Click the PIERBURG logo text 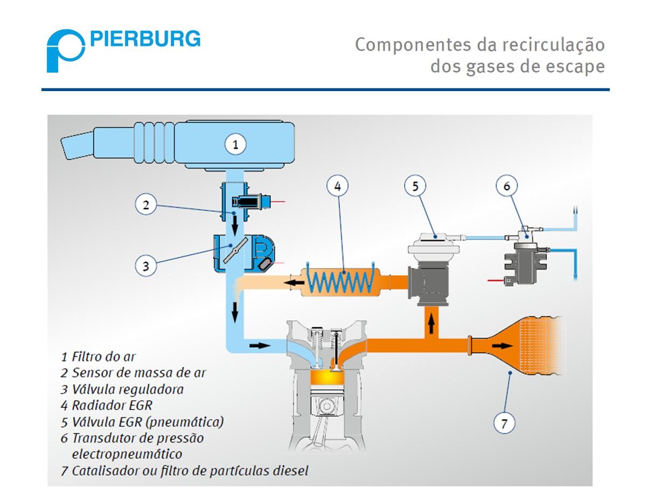point(145,39)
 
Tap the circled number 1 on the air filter point(235,144)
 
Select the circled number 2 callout point(145,204)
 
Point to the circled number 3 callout point(145,265)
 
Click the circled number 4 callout point(337,186)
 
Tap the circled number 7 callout point(504,423)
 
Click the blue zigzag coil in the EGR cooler point(339,280)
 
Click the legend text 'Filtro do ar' point(103,356)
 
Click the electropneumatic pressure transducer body point(526,263)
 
